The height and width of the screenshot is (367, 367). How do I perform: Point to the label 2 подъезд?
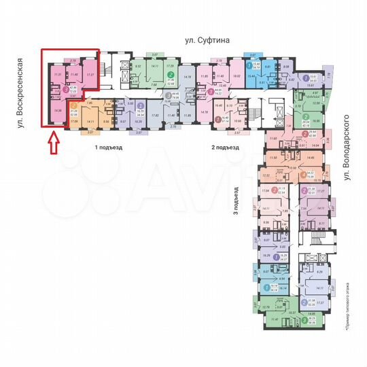tap(224, 147)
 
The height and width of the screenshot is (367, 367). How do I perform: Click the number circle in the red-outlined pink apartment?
tap(66, 88)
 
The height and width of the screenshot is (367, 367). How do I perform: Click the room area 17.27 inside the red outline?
tap(90, 73)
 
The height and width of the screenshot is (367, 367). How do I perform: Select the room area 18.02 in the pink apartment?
tap(237, 76)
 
